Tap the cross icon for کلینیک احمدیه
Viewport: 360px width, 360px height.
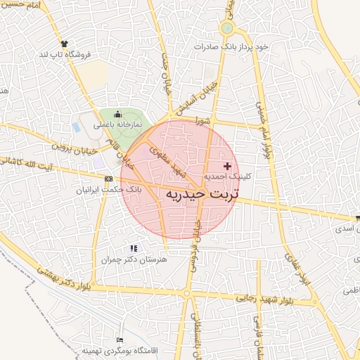226,165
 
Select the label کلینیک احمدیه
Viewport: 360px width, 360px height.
224,176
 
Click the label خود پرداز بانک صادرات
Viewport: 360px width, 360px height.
233,46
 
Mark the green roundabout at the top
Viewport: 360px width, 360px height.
226,28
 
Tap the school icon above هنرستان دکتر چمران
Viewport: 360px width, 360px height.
134,248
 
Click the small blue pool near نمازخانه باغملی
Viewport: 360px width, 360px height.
76,127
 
